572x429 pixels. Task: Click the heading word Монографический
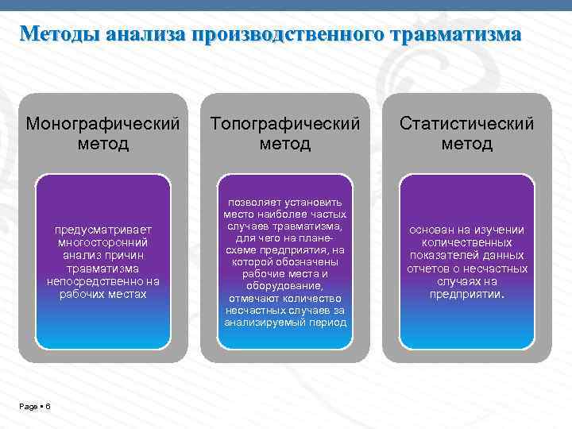(x=103, y=125)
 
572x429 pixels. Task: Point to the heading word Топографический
(x=285, y=125)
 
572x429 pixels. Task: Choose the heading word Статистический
(x=467, y=125)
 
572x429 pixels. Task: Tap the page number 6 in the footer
(x=48, y=407)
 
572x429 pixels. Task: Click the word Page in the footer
(x=29, y=407)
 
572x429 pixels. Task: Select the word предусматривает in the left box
(x=103, y=230)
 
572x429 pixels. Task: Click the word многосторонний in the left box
(x=103, y=242)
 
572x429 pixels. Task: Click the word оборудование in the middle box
(x=285, y=286)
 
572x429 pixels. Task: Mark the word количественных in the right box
(x=467, y=242)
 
